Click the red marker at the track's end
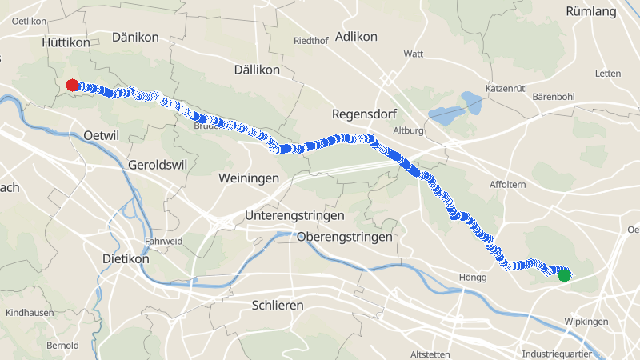coord(72,85)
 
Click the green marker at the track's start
coord(564,275)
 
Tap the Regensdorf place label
coord(364,114)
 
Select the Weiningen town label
coord(248,178)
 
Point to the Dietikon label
coord(126,259)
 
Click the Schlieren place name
coord(278,306)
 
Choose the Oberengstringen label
coord(344,238)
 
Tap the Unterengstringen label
coord(294,216)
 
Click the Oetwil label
coord(101,136)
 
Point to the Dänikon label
coord(135,38)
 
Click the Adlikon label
coord(356,37)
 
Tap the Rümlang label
coord(591,11)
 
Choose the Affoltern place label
coord(506,185)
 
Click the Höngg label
coord(473,278)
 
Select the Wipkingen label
coord(586,322)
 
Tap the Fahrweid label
coord(163,241)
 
